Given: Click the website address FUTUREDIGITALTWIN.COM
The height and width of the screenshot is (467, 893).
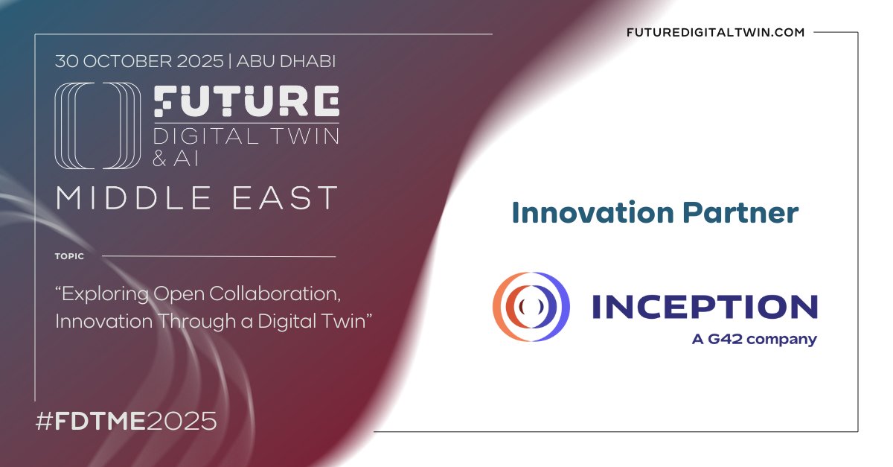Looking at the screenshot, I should (x=717, y=33).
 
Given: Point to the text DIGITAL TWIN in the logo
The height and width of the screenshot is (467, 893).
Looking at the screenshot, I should (x=246, y=136).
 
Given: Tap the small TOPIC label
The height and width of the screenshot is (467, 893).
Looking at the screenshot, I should (x=69, y=256).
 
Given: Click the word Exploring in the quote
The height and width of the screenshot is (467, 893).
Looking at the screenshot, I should (x=103, y=293).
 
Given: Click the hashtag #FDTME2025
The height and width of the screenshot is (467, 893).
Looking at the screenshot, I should (x=126, y=421).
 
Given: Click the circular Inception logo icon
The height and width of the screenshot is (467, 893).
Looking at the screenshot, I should (x=531, y=307).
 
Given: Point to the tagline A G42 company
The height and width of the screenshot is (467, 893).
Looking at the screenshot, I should (x=754, y=340).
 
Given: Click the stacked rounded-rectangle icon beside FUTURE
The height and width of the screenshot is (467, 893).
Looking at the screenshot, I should (x=97, y=126).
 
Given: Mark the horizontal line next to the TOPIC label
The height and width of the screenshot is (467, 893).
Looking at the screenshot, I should (x=218, y=256).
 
